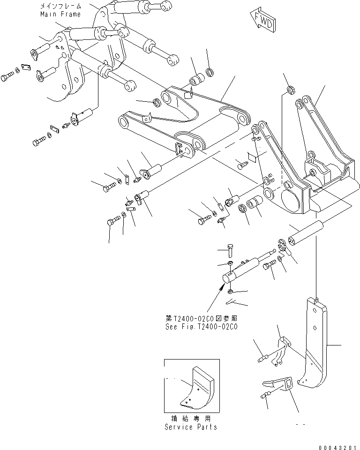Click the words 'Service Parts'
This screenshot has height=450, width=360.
[x=191, y=427]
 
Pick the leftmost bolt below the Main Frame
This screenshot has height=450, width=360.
[x=8, y=76]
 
